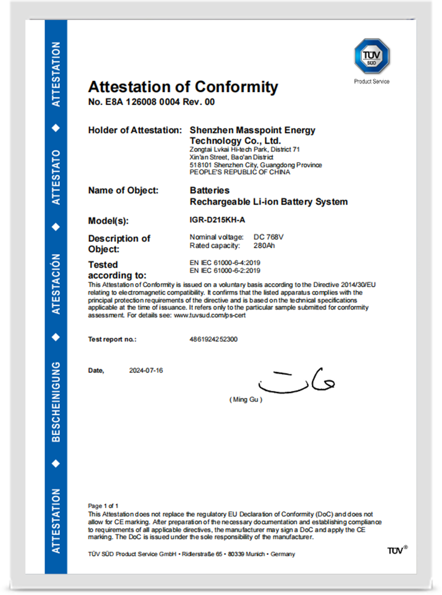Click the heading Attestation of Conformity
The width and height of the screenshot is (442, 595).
click(x=183, y=87)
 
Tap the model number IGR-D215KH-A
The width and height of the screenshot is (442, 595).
click(x=217, y=220)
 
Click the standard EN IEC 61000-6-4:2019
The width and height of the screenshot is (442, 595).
click(x=225, y=262)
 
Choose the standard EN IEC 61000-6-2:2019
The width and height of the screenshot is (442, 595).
click(x=225, y=270)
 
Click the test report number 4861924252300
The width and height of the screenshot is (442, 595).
click(x=214, y=339)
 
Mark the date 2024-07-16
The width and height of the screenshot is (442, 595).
click(x=146, y=370)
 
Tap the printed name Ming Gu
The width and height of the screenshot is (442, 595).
click(x=245, y=399)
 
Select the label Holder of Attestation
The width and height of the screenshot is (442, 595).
click(x=135, y=131)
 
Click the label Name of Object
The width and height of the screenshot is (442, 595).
click(x=123, y=190)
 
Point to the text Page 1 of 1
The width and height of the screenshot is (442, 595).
click(x=103, y=505)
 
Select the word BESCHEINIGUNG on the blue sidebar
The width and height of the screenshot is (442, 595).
click(x=56, y=402)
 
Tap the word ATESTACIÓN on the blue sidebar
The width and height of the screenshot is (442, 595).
click(x=56, y=284)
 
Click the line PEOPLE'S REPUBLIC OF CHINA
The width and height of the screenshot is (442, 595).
click(x=239, y=172)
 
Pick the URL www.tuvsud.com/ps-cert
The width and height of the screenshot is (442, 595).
click(x=210, y=315)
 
